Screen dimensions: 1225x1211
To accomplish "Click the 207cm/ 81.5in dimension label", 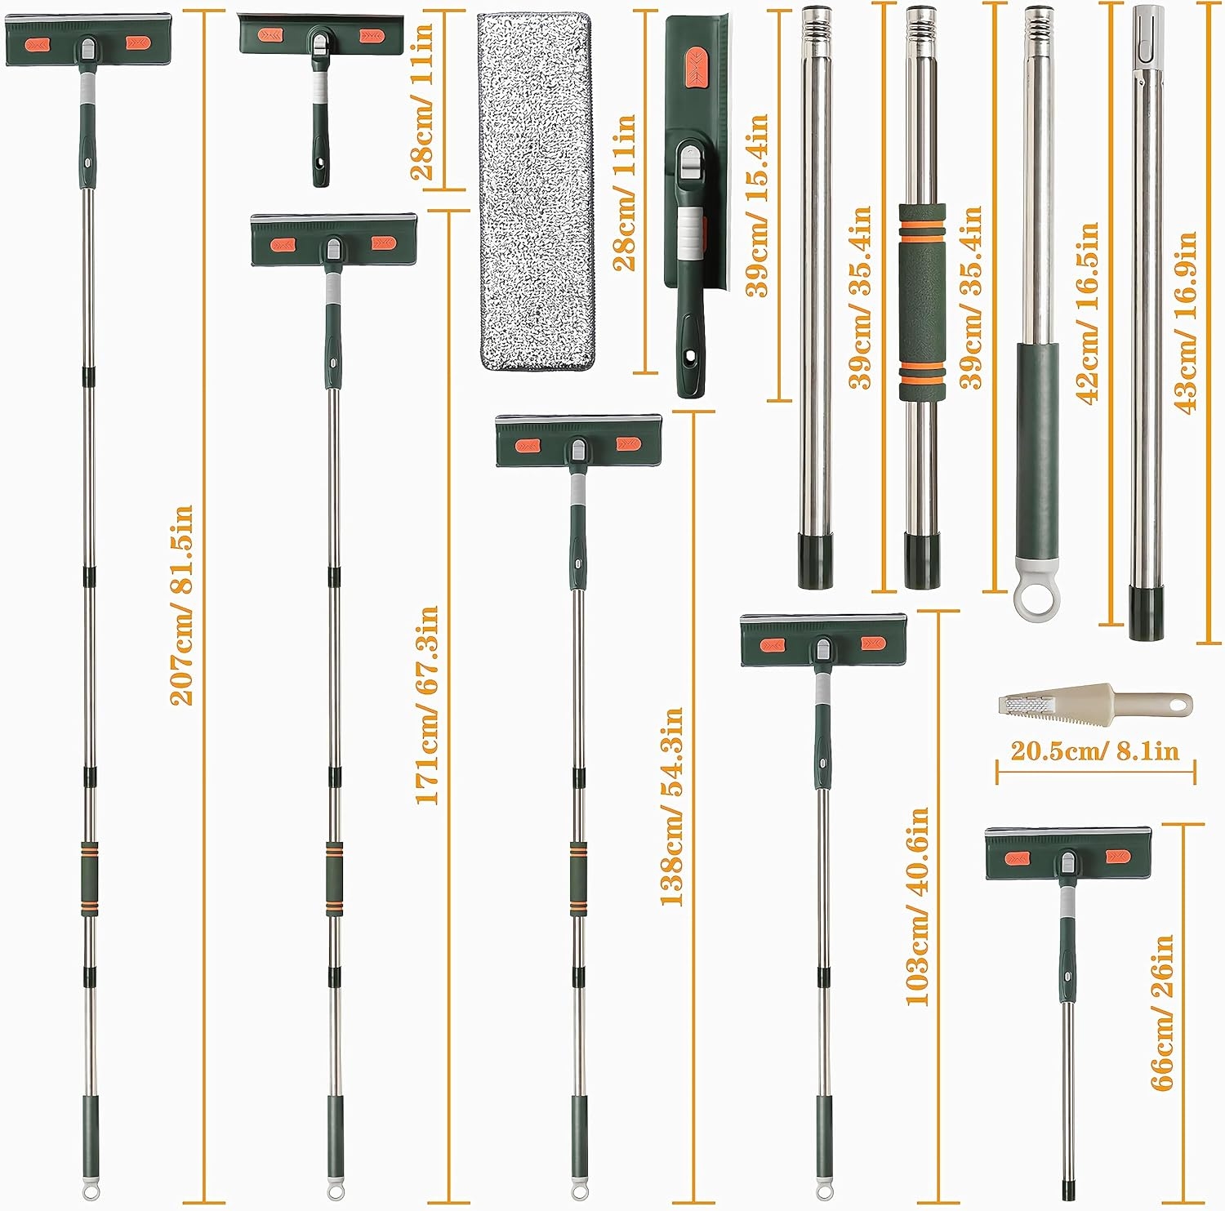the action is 181,605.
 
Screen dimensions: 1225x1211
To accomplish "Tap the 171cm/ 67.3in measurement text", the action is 426,705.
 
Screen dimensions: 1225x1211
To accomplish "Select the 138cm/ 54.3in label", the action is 671,806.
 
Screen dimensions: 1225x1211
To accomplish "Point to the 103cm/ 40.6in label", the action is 917,906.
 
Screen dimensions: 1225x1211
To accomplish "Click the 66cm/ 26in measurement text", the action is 1161,1013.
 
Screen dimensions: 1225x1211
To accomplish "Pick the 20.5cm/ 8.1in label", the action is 1095,750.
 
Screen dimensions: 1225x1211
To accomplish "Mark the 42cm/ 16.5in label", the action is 1087,313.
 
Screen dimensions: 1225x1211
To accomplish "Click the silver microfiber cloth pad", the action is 535,191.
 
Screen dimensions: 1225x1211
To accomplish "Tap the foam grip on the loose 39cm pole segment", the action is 922,301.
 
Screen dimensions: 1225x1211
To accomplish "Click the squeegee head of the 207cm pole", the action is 88,41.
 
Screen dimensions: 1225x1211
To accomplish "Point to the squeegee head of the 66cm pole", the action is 1068,853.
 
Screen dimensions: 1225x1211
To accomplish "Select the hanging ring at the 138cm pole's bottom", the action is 579,1191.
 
